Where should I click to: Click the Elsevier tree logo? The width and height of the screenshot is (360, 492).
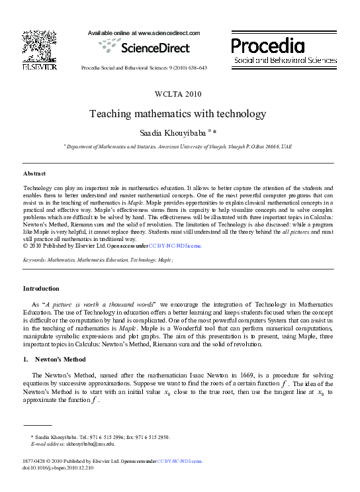[x=38, y=46]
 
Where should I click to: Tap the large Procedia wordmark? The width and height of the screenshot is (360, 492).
[x=268, y=45]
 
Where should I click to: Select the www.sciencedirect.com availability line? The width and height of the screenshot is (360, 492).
[x=144, y=32]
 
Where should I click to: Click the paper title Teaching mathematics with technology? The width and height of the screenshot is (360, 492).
[x=177, y=114]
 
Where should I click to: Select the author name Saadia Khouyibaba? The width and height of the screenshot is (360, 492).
[x=175, y=133]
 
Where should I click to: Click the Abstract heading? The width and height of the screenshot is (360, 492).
[x=35, y=173]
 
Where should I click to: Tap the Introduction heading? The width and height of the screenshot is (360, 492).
[x=41, y=289]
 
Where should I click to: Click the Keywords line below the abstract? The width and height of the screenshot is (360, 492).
[x=98, y=262]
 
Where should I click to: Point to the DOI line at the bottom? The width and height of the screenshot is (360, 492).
[x=58, y=467]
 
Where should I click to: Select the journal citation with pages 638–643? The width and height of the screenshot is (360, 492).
[x=144, y=68]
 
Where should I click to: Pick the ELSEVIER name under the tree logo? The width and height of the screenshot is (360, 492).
[x=38, y=67]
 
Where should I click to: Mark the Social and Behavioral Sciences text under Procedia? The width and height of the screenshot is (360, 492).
[x=285, y=60]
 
